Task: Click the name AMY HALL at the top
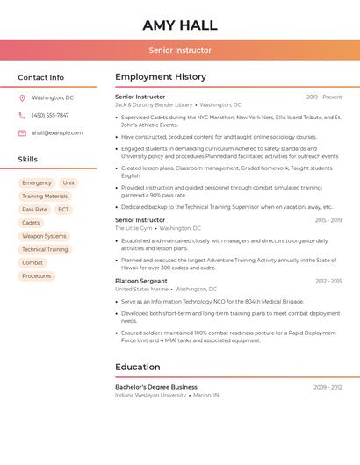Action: pyautogui.click(x=180, y=25)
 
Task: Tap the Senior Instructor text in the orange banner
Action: pyautogui.click(x=180, y=50)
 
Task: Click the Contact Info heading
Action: pyautogui.click(x=41, y=77)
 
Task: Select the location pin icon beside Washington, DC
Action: pyautogui.click(x=22, y=98)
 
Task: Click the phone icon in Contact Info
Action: pyautogui.click(x=22, y=116)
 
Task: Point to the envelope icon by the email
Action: pyautogui.click(x=22, y=133)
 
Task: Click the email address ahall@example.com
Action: pyautogui.click(x=57, y=133)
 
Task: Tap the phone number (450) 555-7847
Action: pyautogui.click(x=50, y=116)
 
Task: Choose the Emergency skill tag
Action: pyautogui.click(x=37, y=183)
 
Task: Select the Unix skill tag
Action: pyautogui.click(x=68, y=183)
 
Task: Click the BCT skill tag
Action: pyautogui.click(x=63, y=210)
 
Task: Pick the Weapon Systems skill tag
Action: pyautogui.click(x=44, y=236)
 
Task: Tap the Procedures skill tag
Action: pyautogui.click(x=37, y=276)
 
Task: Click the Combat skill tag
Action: pyautogui.click(x=32, y=263)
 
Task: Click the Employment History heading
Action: pyautogui.click(x=161, y=77)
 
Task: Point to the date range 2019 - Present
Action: pyautogui.click(x=324, y=97)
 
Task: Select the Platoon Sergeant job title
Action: pyautogui.click(x=141, y=281)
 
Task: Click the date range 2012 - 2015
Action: pyautogui.click(x=328, y=281)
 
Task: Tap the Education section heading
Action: pyautogui.click(x=138, y=367)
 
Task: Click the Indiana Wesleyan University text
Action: pyautogui.click(x=150, y=396)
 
